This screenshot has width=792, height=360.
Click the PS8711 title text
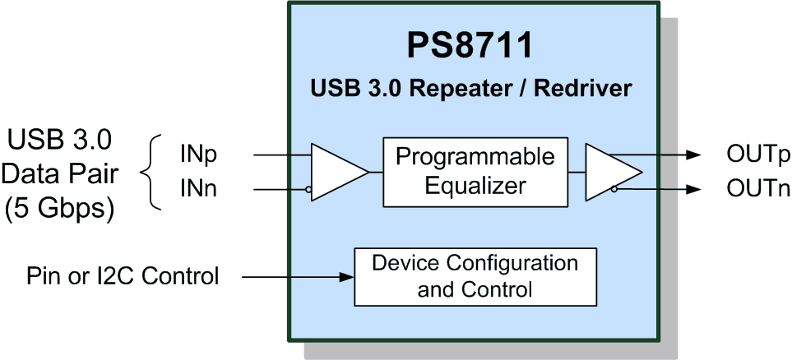[470, 46]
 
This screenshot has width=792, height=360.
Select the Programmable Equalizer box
[475, 172]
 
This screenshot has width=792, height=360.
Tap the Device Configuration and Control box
[475, 277]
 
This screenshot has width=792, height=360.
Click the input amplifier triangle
[340, 172]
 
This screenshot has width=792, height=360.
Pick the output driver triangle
[614, 172]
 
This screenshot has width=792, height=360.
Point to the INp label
[198, 155]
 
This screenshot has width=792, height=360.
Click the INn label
[198, 189]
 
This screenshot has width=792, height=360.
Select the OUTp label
[757, 155]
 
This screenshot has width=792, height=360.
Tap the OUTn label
[757, 189]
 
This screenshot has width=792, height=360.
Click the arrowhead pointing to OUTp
[694, 155]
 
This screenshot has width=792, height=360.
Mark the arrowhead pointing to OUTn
[694, 189]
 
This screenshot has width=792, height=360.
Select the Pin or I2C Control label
[123, 277]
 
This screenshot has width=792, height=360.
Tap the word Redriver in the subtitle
[583, 89]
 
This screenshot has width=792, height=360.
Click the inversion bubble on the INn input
[308, 190]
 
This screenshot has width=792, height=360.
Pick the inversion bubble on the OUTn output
[614, 189]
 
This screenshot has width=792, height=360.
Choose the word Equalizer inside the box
[475, 187]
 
